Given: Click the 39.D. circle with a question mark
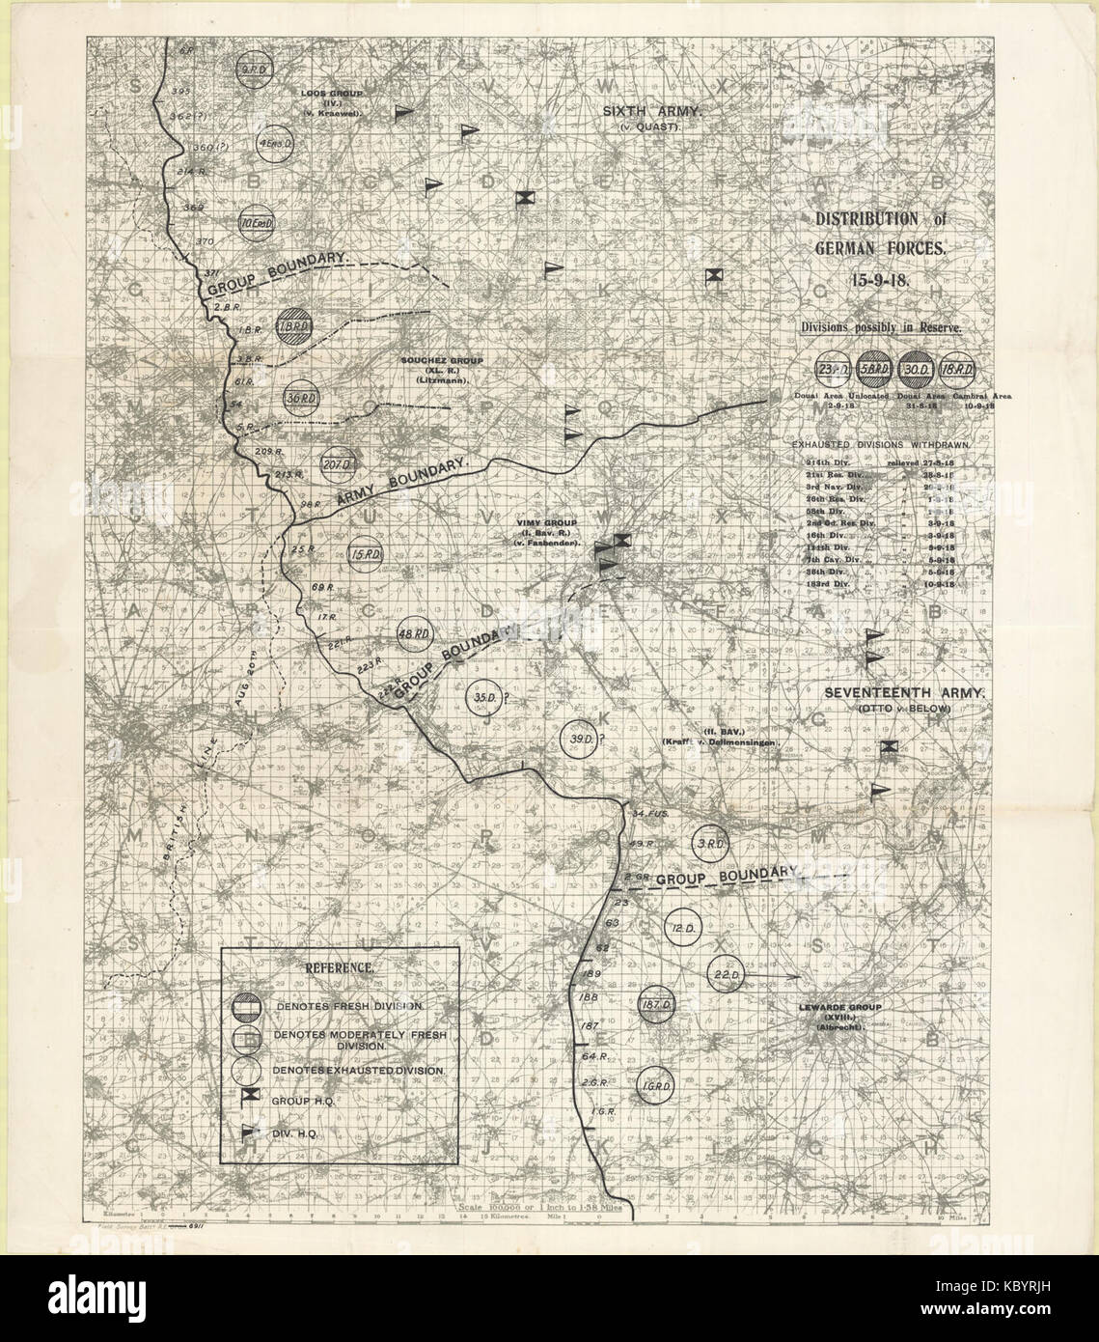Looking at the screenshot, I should (578, 739).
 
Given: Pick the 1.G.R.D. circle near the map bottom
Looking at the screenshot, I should (656, 1087).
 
